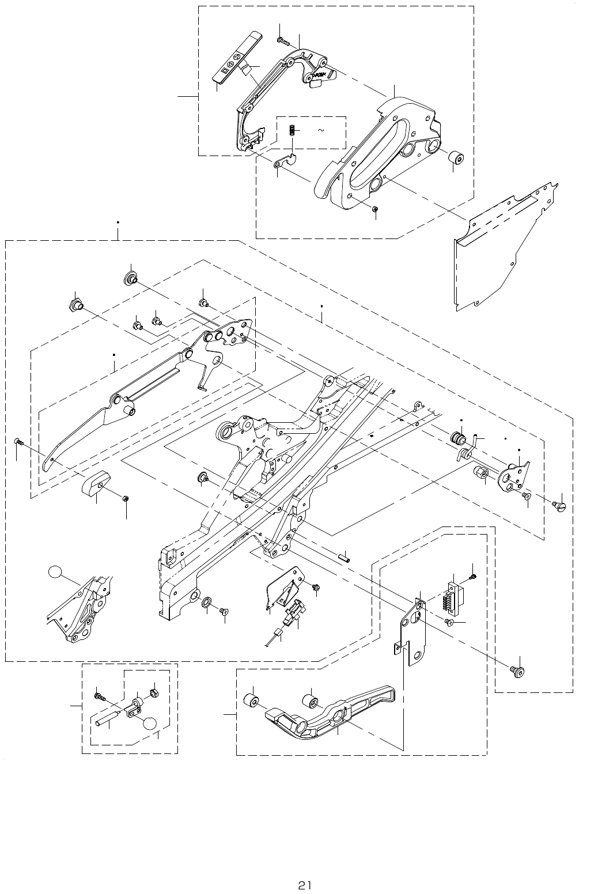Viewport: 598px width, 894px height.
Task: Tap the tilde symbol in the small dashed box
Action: coord(320,131)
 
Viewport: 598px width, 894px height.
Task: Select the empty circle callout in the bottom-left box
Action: coord(150,725)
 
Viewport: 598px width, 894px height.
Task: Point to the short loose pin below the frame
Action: coord(344,557)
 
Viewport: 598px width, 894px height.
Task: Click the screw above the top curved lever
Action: coord(282,40)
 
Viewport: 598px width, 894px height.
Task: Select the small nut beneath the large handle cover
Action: coord(375,209)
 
